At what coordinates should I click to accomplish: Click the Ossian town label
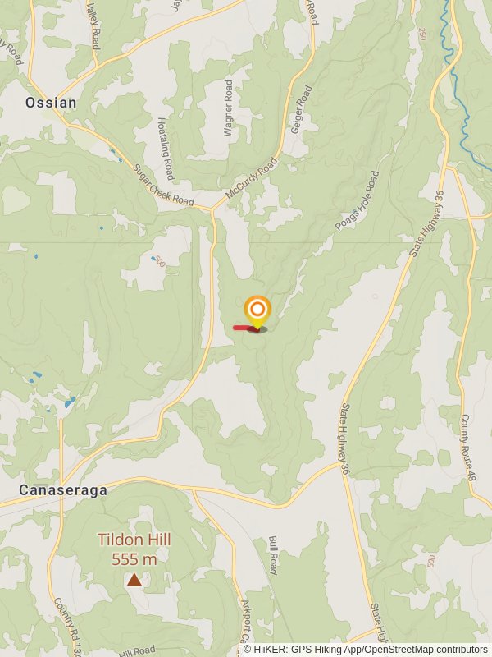(x=51, y=103)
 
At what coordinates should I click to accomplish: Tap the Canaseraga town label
(x=63, y=490)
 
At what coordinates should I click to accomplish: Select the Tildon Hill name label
(x=134, y=540)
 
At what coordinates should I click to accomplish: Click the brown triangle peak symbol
(x=134, y=579)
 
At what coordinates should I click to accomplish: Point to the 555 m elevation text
(x=134, y=559)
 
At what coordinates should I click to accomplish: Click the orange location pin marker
(x=257, y=310)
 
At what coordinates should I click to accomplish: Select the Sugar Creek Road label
(x=163, y=185)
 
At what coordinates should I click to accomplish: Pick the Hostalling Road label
(x=166, y=148)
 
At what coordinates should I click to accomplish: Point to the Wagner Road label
(x=229, y=108)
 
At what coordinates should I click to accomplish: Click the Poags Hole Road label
(x=358, y=201)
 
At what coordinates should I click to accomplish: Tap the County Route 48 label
(x=467, y=448)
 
